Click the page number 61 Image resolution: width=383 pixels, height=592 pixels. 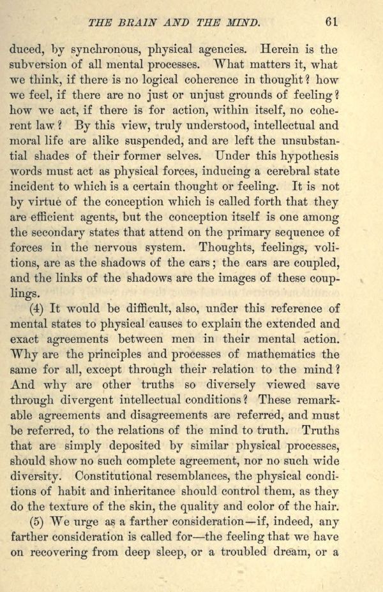[x=331, y=21]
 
